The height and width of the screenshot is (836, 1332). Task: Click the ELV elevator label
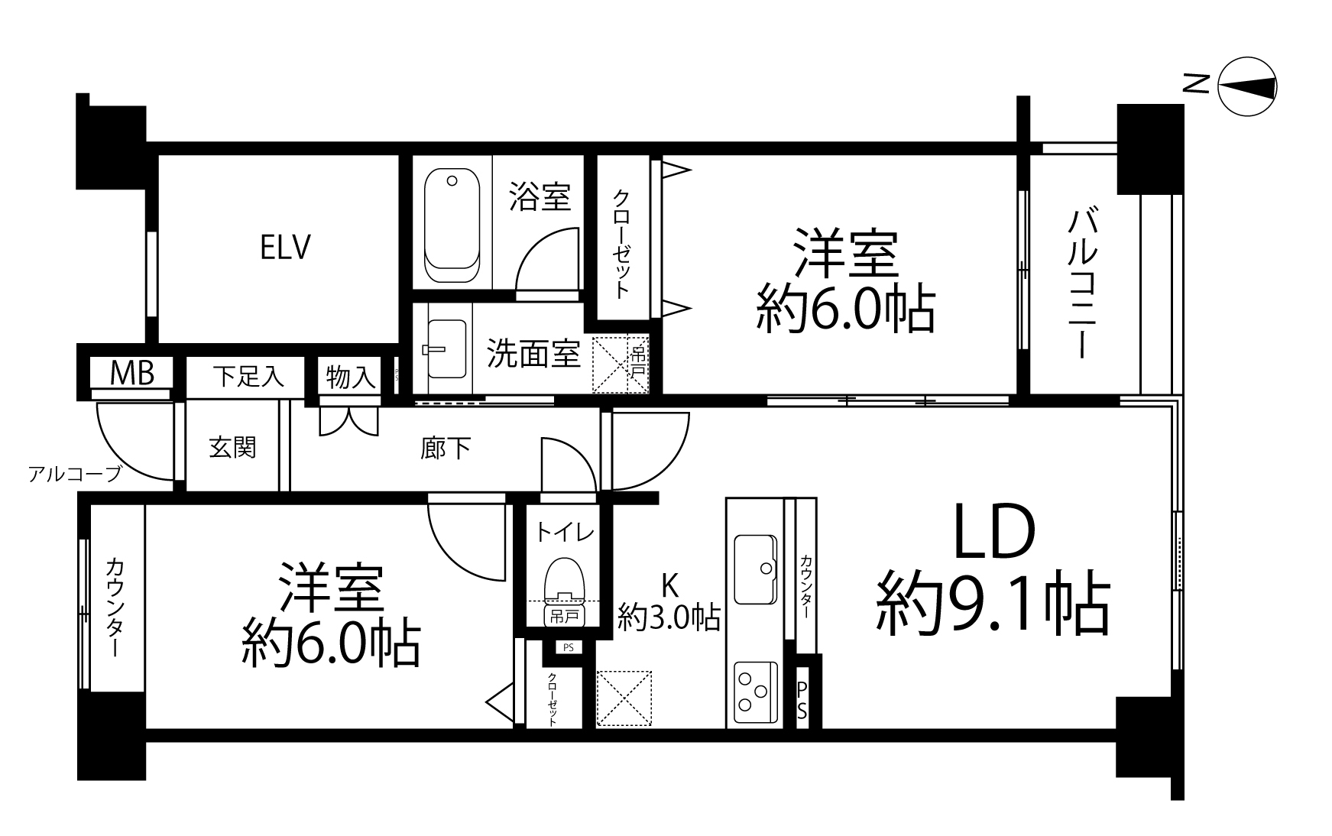pos(285,248)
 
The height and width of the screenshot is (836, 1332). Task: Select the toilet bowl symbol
pos(563,581)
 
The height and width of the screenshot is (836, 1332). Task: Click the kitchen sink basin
pos(755,569)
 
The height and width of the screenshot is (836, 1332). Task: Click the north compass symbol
pos(1246,87)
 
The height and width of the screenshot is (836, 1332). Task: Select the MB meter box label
pos(132,373)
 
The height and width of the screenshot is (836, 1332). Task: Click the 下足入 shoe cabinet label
pos(248,376)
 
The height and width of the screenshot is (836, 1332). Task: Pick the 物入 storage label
pos(351,376)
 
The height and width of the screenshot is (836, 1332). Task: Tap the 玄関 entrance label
pos(232,447)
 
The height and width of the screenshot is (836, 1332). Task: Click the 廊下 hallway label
pos(445,448)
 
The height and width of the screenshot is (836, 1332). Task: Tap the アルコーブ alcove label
pos(75,475)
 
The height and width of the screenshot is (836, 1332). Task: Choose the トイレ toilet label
pos(564,531)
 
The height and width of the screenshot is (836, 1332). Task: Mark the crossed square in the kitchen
pos(624,698)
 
